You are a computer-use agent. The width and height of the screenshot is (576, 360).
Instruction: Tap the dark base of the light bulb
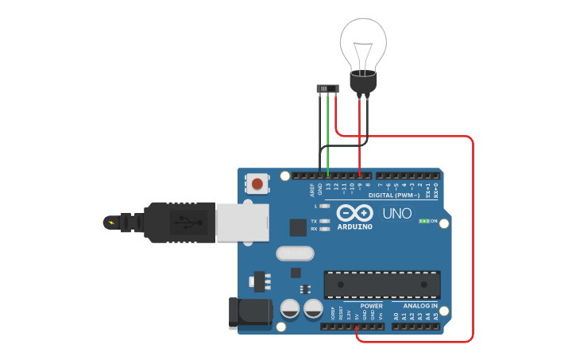pyautogui.click(x=363, y=81)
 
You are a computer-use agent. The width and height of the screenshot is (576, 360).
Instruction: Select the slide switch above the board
pyautogui.click(x=327, y=87)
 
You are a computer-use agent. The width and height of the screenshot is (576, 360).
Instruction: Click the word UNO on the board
pyautogui.click(x=397, y=214)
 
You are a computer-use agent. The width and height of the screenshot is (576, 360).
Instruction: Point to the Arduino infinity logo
pyautogui.click(x=354, y=213)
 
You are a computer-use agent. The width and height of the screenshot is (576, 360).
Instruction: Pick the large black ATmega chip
pyautogui.click(x=382, y=285)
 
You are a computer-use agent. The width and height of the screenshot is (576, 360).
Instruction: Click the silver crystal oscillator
pyautogui.click(x=296, y=254)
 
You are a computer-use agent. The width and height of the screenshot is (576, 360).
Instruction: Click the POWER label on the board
pyautogui.click(x=371, y=306)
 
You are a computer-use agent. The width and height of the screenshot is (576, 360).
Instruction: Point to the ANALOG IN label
pyautogui.click(x=420, y=306)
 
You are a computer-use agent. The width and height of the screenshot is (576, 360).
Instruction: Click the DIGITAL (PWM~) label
pyautogui.click(x=395, y=195)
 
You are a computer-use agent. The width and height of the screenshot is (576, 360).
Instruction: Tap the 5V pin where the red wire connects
pyautogui.click(x=357, y=326)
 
